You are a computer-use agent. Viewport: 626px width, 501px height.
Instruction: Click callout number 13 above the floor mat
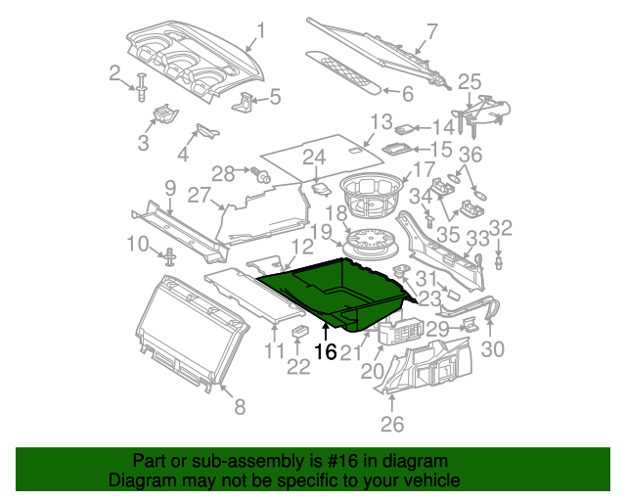(x=380, y=122)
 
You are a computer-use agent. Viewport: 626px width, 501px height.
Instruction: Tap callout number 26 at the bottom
(x=391, y=425)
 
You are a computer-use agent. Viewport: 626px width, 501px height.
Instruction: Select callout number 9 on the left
(x=168, y=188)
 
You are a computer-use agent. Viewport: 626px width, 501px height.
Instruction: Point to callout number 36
(x=471, y=155)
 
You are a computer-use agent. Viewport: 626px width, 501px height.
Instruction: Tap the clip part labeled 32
(x=500, y=260)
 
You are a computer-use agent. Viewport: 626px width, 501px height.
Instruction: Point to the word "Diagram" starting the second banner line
(x=143, y=481)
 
